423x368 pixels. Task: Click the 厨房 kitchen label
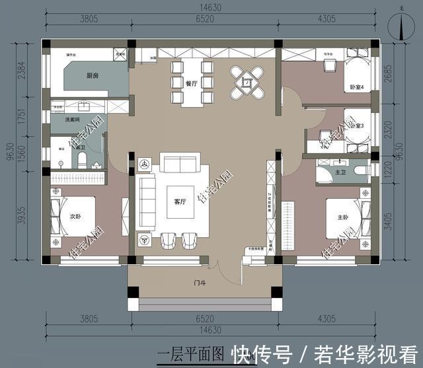point(93,77)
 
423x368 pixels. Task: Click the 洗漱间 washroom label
point(73,120)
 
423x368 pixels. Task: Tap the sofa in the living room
point(180,164)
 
